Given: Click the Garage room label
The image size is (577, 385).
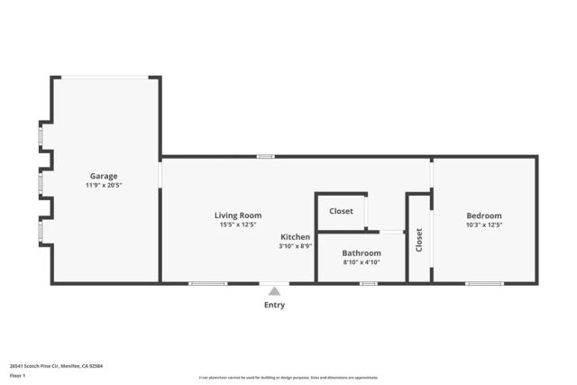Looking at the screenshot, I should tap(103, 176).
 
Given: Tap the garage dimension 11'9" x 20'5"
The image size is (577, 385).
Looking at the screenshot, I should tap(103, 185).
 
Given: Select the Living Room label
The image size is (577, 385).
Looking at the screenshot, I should tap(238, 215).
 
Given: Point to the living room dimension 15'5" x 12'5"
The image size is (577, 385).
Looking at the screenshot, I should tap(238, 225).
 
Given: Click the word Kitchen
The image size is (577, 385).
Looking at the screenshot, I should tap(296, 237).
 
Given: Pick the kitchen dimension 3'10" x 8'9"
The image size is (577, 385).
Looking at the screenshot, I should tap(296, 245).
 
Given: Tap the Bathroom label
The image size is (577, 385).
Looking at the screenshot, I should tap(362, 253).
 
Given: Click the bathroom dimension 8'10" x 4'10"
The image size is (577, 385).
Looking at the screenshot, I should tap(362, 262).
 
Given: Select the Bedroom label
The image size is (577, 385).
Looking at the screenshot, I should tap(484, 215).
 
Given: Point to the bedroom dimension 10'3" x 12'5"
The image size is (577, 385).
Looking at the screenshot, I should tap(484, 225).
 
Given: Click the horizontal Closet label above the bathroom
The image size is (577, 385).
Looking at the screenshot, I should tap(341, 211).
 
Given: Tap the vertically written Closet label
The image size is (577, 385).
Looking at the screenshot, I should tap(419, 240).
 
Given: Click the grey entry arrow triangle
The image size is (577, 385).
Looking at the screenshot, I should tap(274, 290).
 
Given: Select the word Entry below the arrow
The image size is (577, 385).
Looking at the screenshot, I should tap(274, 305).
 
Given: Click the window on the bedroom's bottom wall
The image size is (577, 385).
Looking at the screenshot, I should tap(484, 284).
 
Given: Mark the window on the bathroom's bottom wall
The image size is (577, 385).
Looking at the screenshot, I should tap(368, 284).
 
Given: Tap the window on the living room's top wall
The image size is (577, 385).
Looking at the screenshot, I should tap(265, 156).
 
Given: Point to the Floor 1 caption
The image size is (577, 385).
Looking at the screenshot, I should tap(18, 375).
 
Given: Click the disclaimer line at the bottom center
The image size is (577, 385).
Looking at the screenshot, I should tap(288, 378).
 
